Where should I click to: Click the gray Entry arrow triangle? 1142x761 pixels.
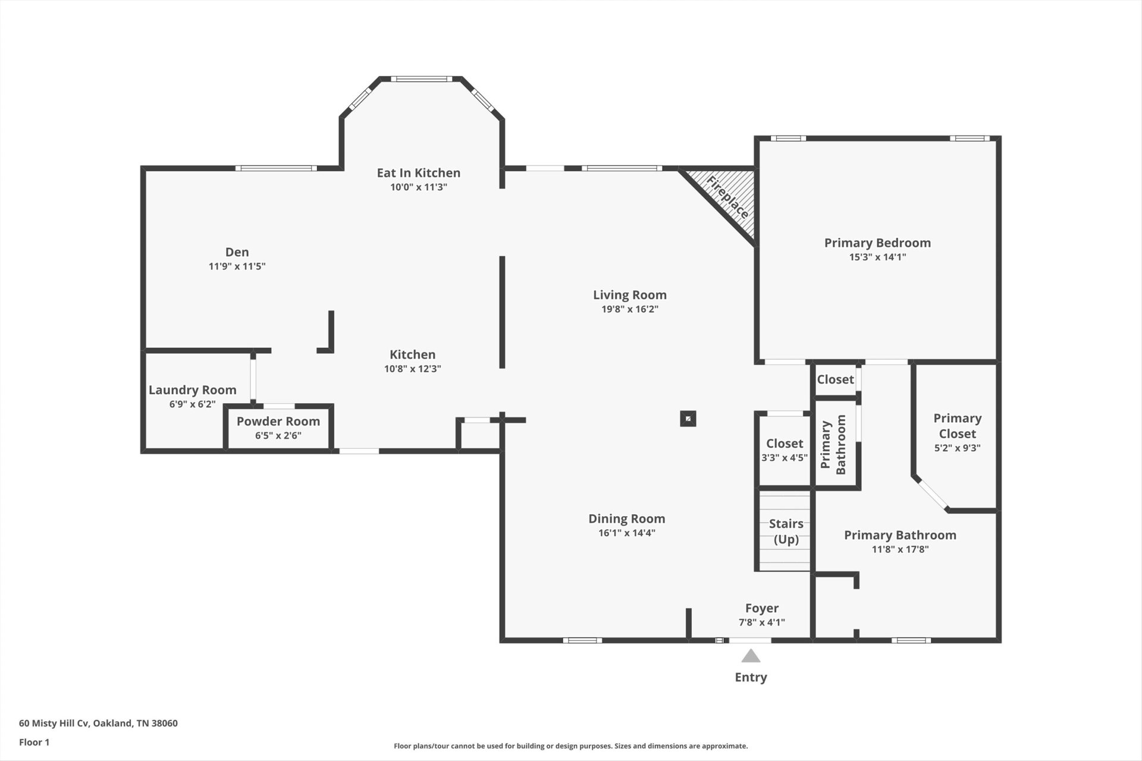click(751, 656)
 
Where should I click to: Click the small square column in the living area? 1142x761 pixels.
click(688, 419)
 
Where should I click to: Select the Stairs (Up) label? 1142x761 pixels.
click(786, 532)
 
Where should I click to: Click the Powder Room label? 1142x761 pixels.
click(278, 421)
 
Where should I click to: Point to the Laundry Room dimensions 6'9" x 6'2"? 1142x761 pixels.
click(192, 404)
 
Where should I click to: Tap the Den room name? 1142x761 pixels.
click(237, 252)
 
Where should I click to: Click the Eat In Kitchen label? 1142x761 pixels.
click(419, 172)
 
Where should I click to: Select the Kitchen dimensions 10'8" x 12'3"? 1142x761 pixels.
click(413, 369)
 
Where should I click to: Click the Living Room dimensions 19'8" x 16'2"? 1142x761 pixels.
click(630, 309)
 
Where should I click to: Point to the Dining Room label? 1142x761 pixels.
click(627, 518)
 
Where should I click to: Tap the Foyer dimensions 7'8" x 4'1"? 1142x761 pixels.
click(762, 622)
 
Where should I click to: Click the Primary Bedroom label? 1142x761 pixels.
click(877, 243)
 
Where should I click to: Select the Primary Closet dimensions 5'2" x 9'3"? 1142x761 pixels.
click(958, 448)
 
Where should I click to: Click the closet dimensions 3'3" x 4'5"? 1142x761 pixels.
click(785, 458)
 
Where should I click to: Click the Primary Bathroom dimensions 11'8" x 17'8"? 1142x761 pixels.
click(901, 549)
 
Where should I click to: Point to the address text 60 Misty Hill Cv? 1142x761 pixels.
click(54, 724)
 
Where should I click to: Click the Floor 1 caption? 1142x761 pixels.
click(34, 742)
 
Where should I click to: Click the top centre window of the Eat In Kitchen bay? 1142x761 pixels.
click(421, 78)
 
